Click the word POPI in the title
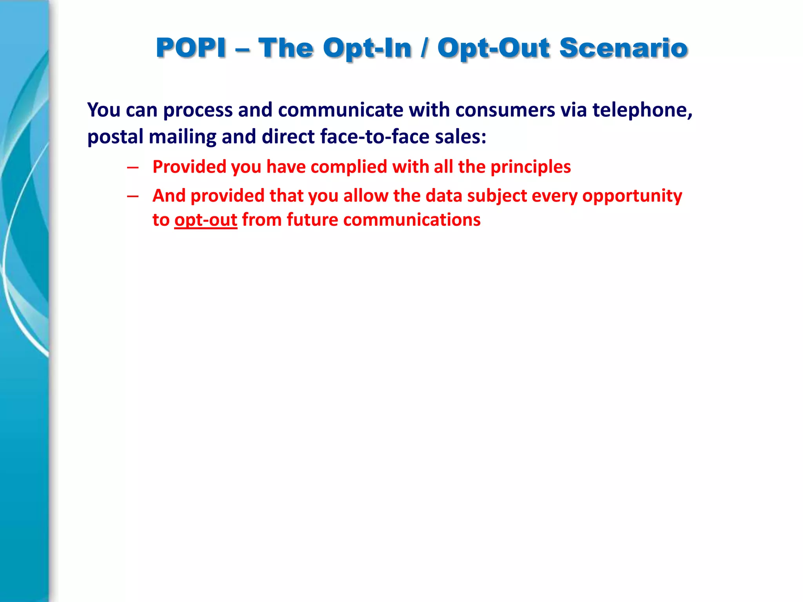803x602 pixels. [x=191, y=48]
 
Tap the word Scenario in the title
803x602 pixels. [x=623, y=48]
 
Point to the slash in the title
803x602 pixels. [x=424, y=48]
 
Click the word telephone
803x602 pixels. [x=642, y=110]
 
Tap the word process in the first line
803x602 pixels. [x=198, y=111]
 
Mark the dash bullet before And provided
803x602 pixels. [x=133, y=196]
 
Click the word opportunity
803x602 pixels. [x=632, y=196]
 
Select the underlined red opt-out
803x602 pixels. [x=206, y=220]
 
